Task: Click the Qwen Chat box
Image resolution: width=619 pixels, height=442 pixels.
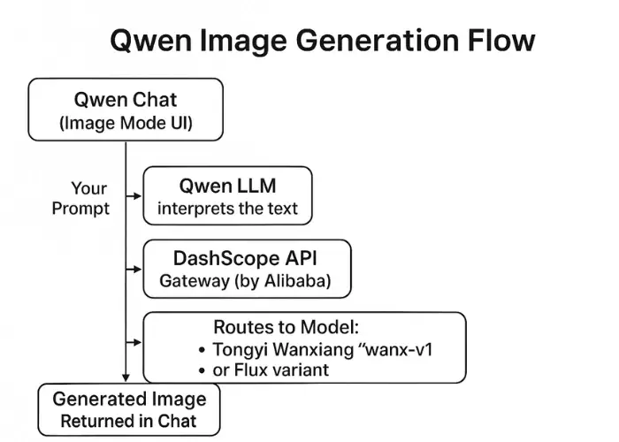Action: coord(125,110)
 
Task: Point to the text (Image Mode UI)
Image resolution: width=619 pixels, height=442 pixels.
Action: coord(125,123)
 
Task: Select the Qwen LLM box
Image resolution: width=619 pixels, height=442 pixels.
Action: coord(227,195)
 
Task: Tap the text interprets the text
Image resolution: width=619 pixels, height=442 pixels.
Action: coord(227,210)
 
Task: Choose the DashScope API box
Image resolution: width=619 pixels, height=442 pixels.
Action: coord(247,269)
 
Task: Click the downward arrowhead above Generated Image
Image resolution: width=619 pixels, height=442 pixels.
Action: coord(126,377)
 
